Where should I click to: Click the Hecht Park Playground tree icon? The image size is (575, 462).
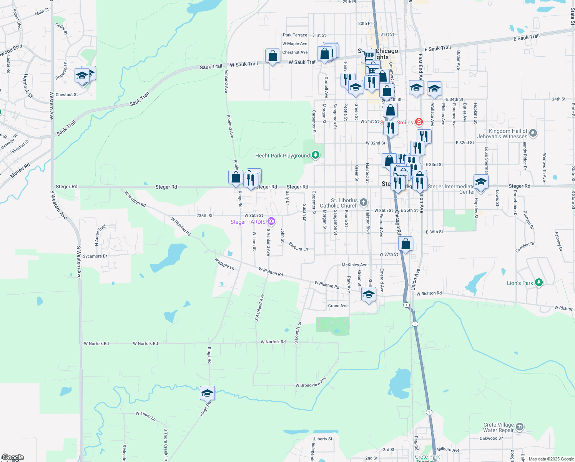coord(316,155)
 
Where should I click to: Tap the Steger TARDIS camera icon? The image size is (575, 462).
coord(271,221)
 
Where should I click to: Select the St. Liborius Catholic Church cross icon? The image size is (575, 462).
coord(364,203)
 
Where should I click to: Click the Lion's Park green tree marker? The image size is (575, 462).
coord(539,283)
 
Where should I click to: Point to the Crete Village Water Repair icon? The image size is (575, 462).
coord(519,427)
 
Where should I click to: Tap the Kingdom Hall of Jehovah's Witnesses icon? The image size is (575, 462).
coord(533,133)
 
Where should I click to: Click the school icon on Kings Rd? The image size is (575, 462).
coord(207,393)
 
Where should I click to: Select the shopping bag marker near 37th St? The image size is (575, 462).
coord(405,244)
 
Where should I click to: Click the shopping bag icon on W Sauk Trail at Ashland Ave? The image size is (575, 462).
coord(273,56)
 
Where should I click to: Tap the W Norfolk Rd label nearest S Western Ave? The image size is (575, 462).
coord(96,343)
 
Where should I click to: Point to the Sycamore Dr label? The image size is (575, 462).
coord(95,256)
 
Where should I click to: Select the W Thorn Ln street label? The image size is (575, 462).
coord(146,416)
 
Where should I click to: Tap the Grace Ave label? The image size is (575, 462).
coord(338,306)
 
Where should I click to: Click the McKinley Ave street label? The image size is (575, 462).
coord(354,265)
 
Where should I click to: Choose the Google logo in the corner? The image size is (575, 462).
coord(13,457)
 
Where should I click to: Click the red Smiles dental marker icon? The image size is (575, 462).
coord(419,122)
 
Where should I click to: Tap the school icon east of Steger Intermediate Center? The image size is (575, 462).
coord(481,182)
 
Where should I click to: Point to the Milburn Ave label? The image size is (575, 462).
coord(448,450)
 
